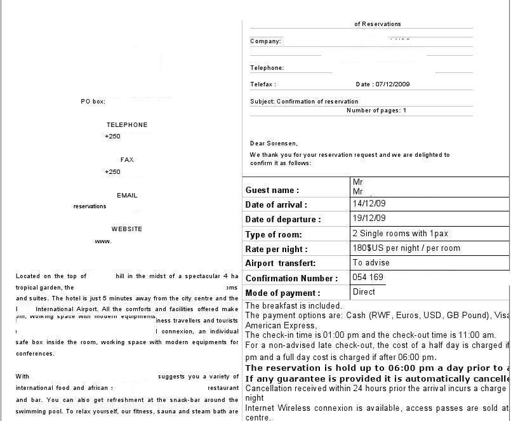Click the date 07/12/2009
[392, 84]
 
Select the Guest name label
[272, 190]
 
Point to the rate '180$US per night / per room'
[406, 248]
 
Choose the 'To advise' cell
[371, 263]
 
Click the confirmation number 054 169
[368, 277]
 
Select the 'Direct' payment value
[364, 292]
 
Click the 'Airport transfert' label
[280, 264]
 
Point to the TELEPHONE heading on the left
[127, 125]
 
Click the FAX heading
[127, 160]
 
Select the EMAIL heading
[127, 196]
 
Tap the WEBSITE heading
[127, 229]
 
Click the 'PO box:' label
[93, 102]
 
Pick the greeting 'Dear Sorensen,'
[274, 144]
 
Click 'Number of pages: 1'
[376, 110]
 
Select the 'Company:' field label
[265, 41]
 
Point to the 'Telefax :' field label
[263, 84]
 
